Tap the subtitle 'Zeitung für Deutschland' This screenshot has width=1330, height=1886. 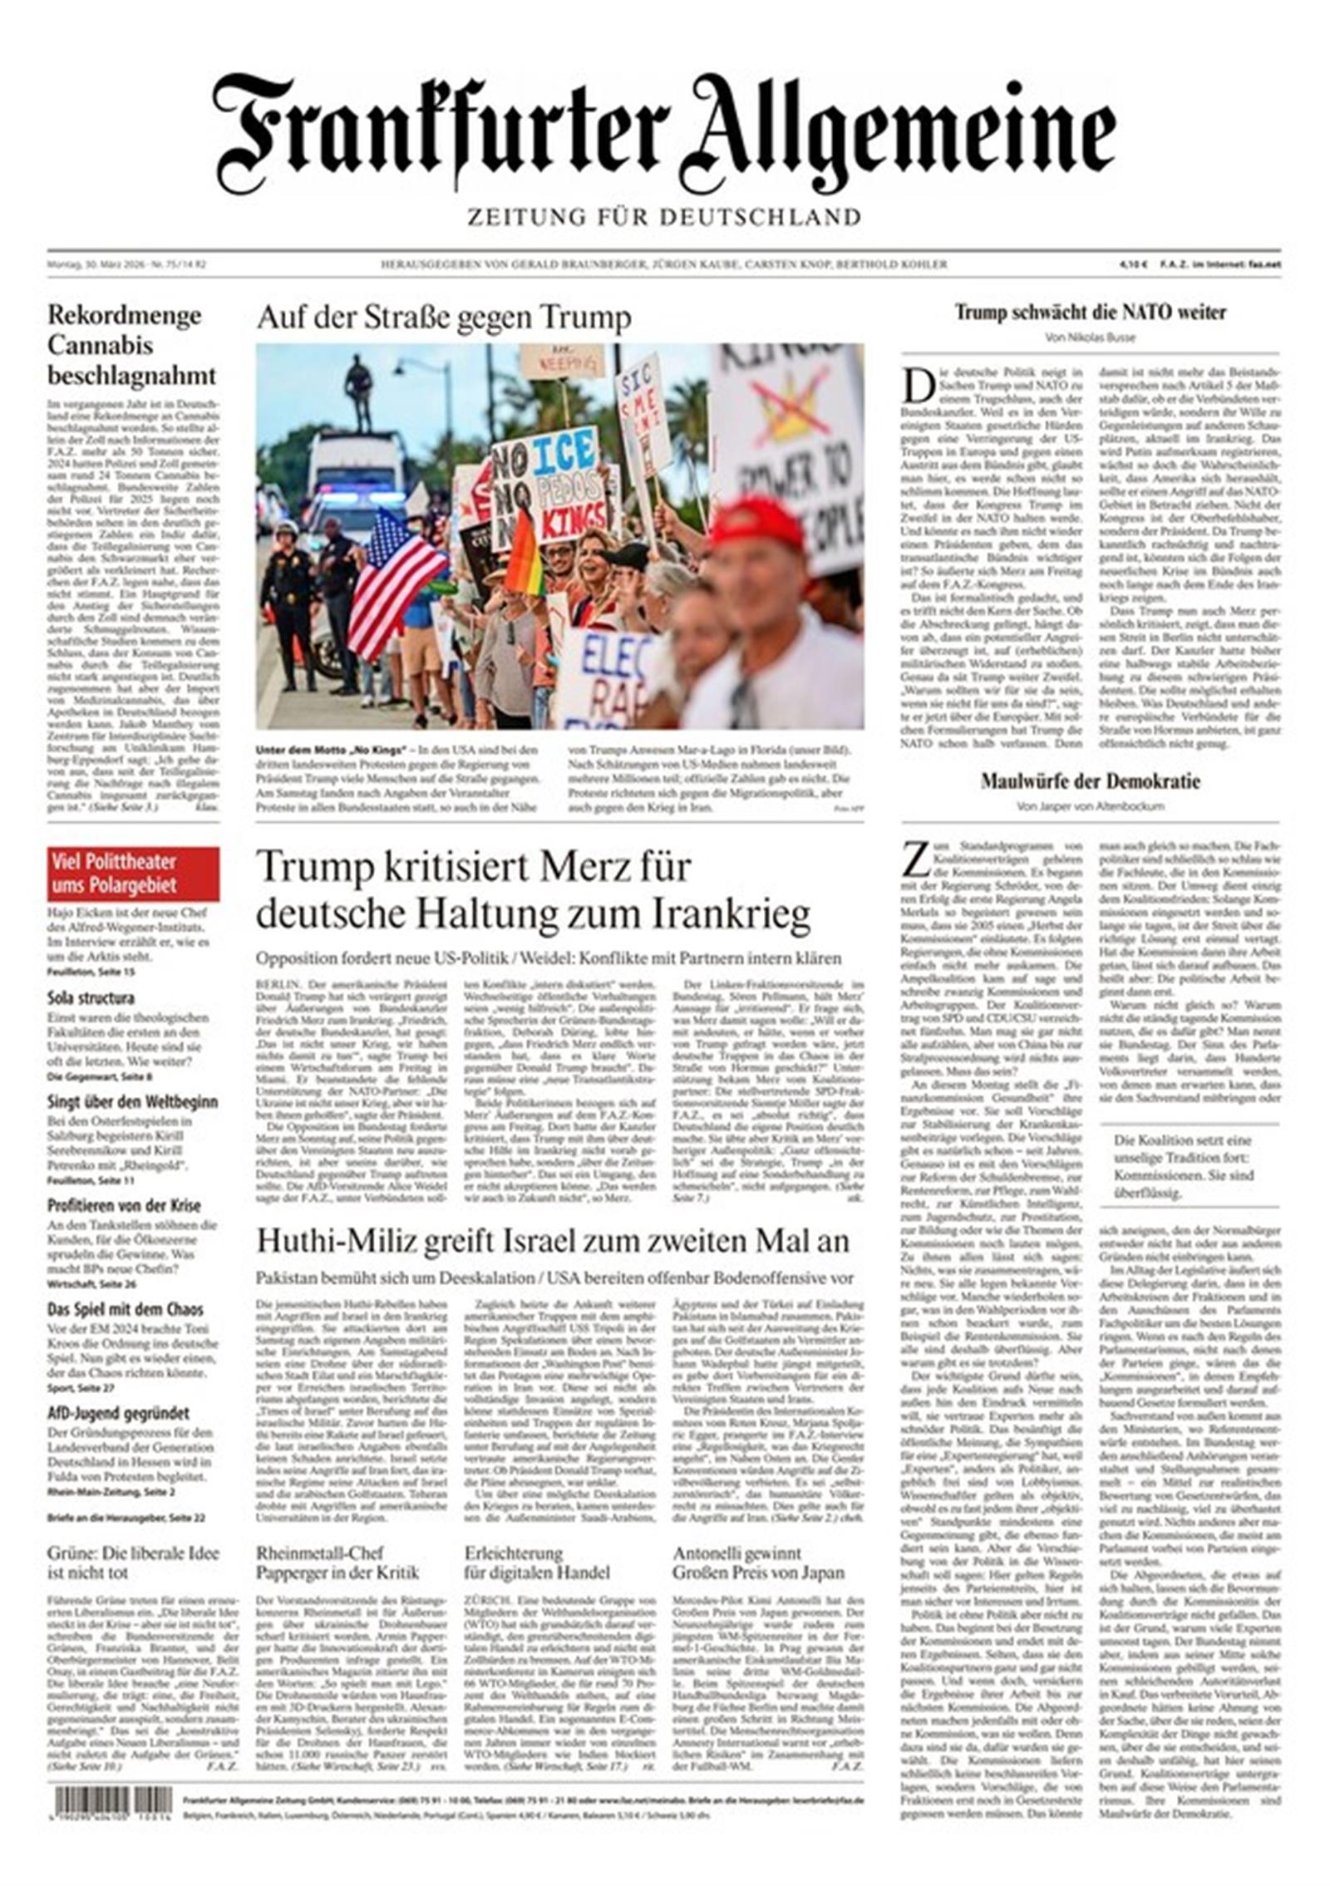tap(663, 218)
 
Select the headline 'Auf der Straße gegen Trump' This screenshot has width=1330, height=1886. tap(443, 318)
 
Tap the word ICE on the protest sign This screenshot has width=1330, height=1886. tap(566, 455)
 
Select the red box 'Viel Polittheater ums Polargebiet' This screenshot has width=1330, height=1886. tap(133, 874)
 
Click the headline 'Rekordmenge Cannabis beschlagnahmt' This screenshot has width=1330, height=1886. tap(131, 345)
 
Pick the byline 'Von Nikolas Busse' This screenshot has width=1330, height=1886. tap(1090, 337)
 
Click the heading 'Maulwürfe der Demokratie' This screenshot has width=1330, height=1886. tap(1090, 781)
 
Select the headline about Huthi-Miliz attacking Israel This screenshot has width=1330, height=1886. tap(553, 1241)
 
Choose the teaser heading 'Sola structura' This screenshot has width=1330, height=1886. tap(91, 997)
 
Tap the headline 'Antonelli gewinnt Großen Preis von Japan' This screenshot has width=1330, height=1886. tap(758, 1563)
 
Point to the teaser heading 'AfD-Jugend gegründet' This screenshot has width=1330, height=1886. tap(117, 1413)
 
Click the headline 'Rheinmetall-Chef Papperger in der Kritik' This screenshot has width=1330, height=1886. tap(337, 1563)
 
